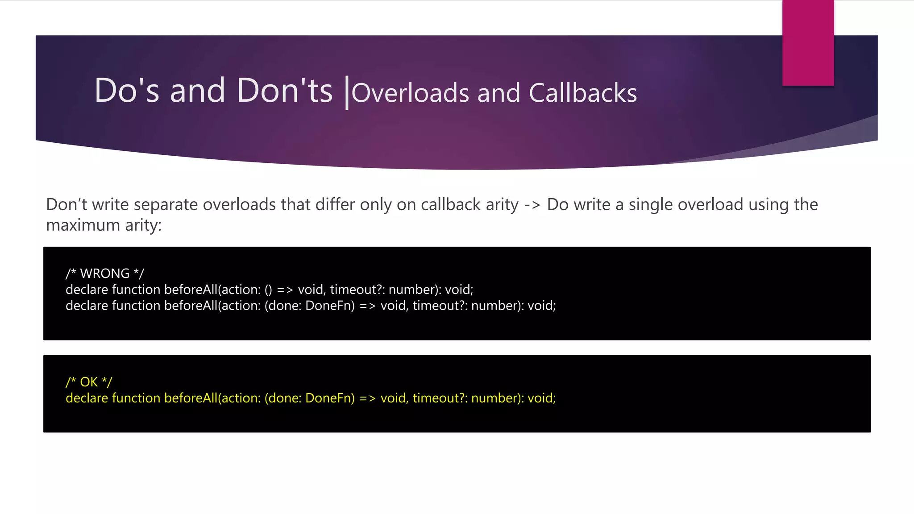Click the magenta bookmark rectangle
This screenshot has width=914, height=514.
pos(808,43)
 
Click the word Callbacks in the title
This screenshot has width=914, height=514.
pos(583,93)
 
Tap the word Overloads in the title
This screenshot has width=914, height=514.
pos(410,93)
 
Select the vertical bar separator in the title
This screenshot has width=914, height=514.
pos(347,92)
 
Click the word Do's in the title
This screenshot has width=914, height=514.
pos(127,91)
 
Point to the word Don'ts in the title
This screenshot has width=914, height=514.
pos(285,91)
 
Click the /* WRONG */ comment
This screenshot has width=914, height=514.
pos(105,273)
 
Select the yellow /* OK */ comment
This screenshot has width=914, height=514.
pos(89,382)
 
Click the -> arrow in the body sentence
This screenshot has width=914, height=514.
pos(532,205)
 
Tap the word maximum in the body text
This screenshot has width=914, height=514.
pos(83,225)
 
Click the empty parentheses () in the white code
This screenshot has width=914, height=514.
pos(268,290)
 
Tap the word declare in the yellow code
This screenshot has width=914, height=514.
pos(87,398)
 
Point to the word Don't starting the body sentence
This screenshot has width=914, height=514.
pos(66,205)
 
